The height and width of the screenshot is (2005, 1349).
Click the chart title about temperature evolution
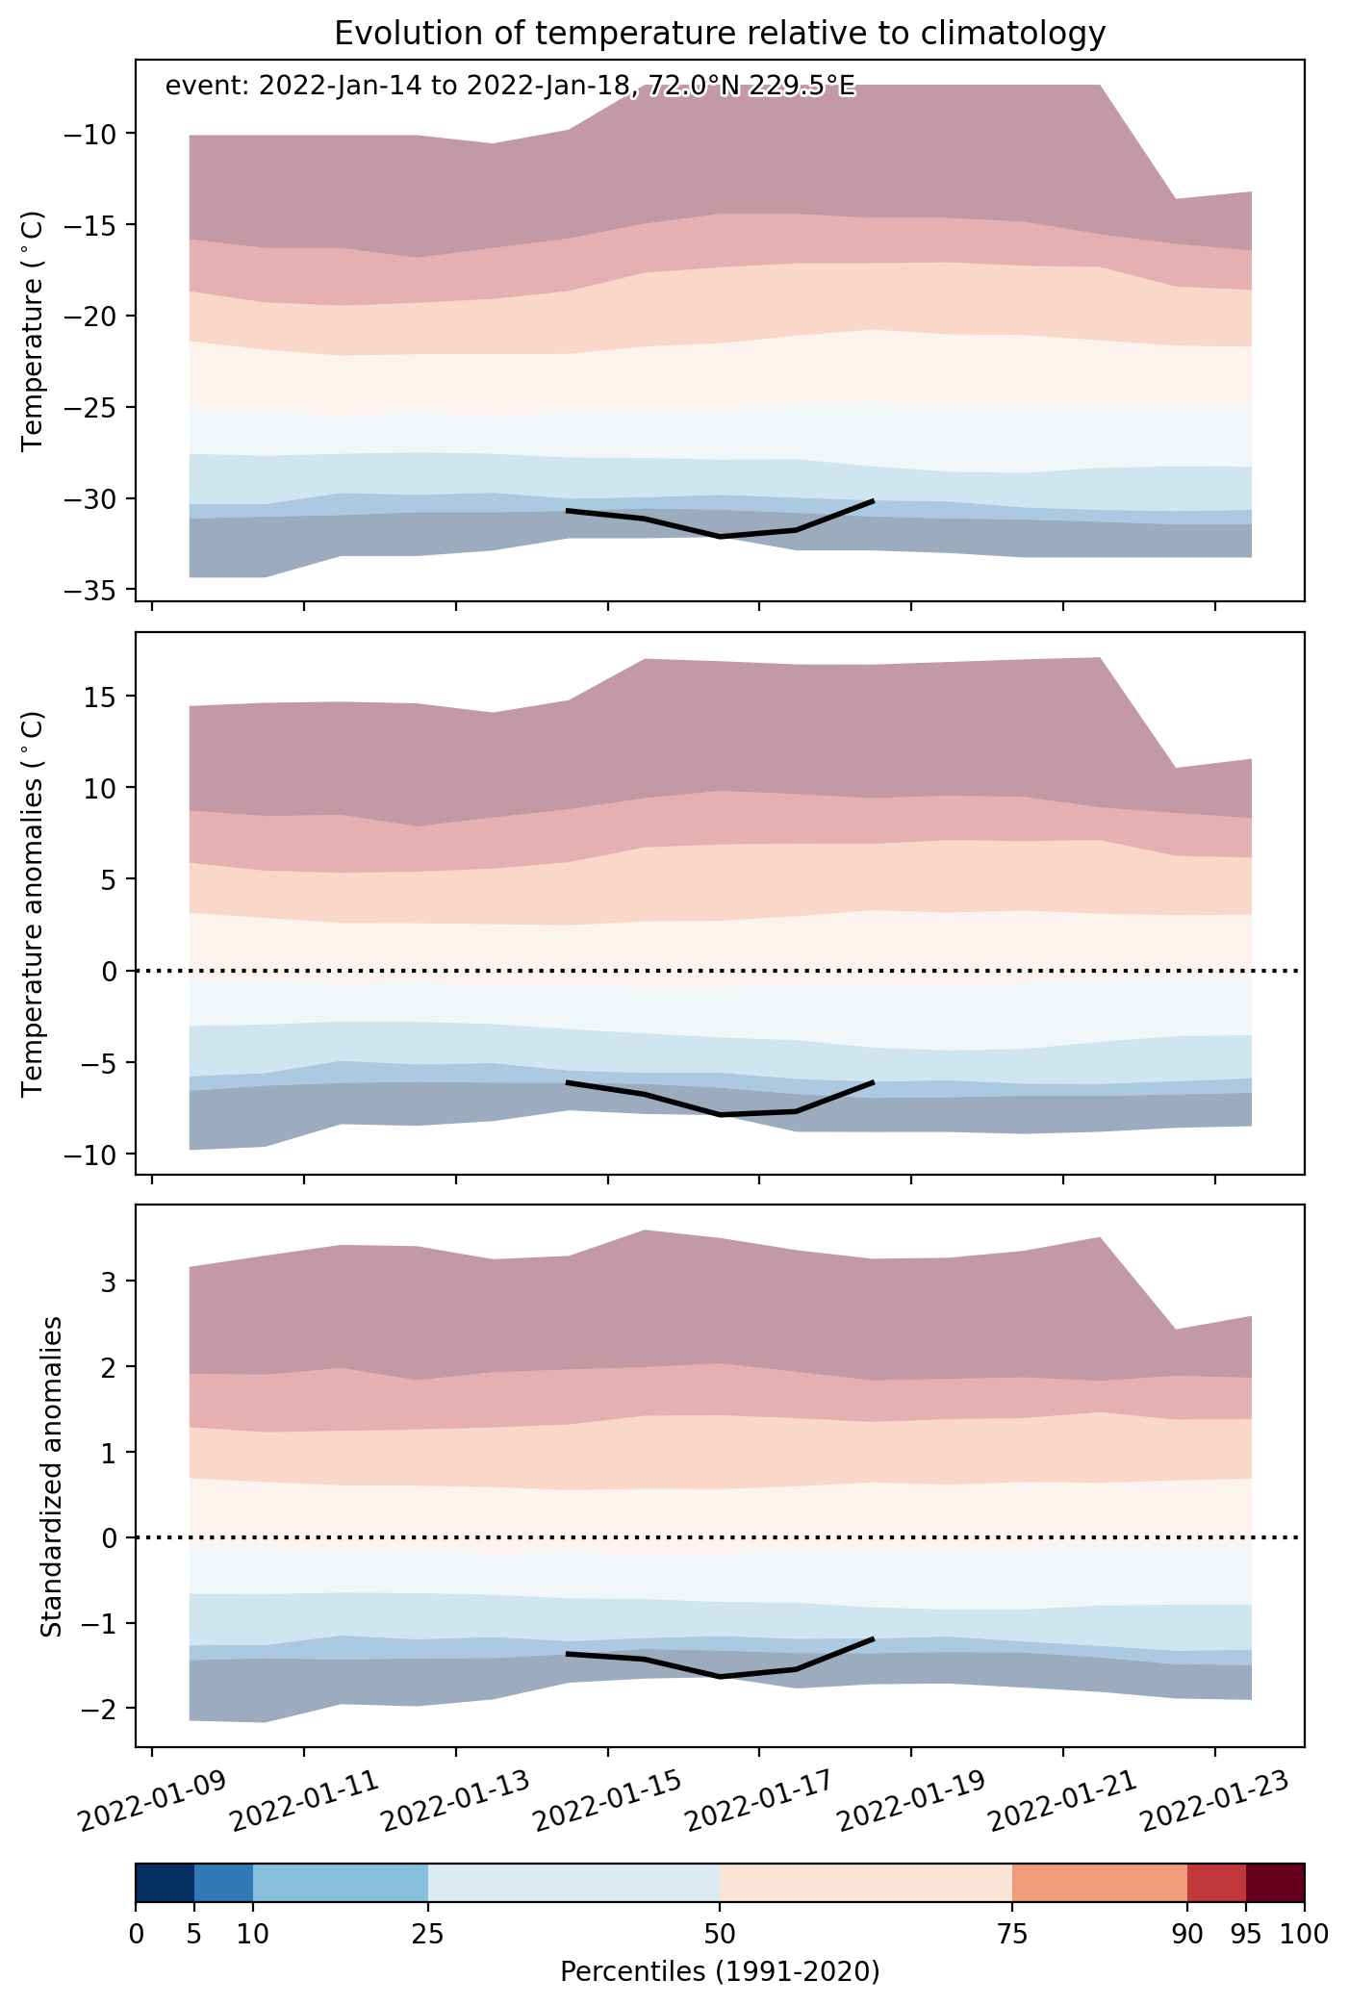pos(720,34)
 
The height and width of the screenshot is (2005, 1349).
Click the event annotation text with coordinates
pos(510,87)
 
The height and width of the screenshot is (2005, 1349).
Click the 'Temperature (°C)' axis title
pos(34,331)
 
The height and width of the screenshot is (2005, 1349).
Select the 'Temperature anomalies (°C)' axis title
pos(34,902)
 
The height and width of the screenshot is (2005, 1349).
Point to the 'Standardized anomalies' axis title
pos(52,1476)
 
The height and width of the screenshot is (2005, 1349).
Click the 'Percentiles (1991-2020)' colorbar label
pos(720,1972)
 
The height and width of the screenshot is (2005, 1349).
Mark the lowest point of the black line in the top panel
pos(721,536)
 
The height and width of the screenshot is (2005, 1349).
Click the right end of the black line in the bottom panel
pos(873,1637)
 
